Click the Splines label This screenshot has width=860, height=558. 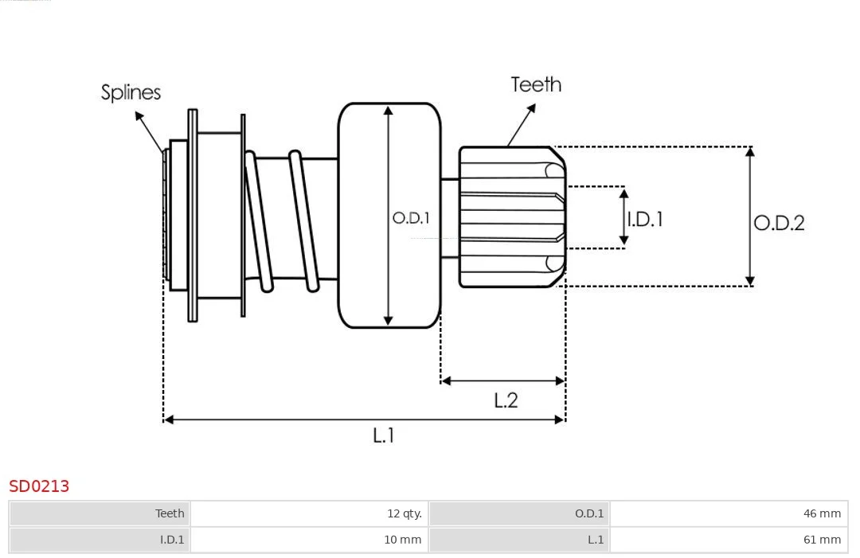[131, 92]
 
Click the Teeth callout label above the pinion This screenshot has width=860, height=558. [536, 84]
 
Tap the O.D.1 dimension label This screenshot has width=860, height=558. [411, 218]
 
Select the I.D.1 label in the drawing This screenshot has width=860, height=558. [645, 219]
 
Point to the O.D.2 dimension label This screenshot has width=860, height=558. [779, 223]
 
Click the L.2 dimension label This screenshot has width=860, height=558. [506, 400]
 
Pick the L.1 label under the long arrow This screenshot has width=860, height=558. [383, 435]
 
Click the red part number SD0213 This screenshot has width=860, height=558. [39, 486]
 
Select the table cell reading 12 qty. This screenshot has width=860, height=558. [309, 513]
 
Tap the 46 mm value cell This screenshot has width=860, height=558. [729, 513]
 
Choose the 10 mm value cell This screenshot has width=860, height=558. [309, 540]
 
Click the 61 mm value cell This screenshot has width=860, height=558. [729, 540]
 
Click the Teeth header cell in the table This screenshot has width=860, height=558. [100, 513]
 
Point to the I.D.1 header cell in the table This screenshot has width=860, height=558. [100, 540]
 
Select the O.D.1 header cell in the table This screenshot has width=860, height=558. [519, 513]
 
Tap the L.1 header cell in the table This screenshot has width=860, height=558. [519, 540]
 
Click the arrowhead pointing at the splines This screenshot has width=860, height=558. [139, 115]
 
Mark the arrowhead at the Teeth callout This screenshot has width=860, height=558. [531, 107]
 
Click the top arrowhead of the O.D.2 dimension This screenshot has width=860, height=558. [750, 151]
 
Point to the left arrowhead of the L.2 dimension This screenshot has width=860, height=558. [445, 380]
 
